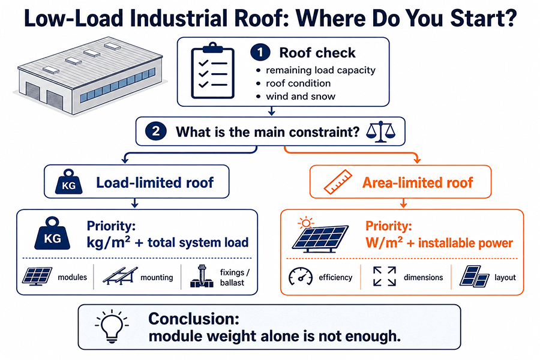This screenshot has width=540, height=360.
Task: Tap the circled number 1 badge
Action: click(x=260, y=52)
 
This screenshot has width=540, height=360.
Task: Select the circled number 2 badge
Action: click(x=155, y=131)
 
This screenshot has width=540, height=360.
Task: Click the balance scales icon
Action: click(x=380, y=131)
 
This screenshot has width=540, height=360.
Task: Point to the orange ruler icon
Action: click(x=338, y=182)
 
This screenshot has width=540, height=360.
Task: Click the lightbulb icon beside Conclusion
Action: click(x=112, y=326)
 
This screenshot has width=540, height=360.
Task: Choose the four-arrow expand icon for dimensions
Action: click(x=385, y=276)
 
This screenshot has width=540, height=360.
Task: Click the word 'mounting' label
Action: click(x=157, y=277)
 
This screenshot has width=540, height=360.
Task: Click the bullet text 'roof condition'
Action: click(x=298, y=83)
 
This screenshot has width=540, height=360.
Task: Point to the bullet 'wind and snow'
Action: click(x=301, y=97)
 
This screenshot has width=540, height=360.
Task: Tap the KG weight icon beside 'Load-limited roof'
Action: click(x=69, y=182)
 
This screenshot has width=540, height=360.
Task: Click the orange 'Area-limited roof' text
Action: click(x=418, y=182)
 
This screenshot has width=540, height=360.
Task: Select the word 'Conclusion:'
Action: click(x=194, y=319)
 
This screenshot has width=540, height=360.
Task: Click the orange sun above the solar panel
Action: click(x=305, y=223)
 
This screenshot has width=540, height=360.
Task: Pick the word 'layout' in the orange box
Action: click(x=505, y=277)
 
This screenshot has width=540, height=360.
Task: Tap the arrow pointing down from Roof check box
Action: click(x=272, y=111)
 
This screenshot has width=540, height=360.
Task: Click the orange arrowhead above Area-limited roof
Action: click(x=418, y=160)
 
